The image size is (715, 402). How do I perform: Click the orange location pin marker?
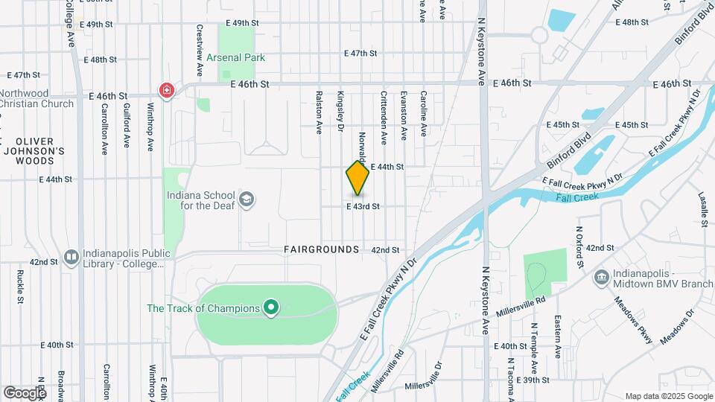357,179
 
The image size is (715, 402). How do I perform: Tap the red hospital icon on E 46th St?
167,91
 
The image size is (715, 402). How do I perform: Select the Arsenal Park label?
237,57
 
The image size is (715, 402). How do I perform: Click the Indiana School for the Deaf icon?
247,199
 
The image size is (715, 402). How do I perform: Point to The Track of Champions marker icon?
272,307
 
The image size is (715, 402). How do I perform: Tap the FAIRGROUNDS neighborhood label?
322,249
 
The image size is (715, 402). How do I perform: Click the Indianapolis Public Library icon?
71,257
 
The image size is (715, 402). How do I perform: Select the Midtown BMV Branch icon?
601,278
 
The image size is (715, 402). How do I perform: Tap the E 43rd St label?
363,206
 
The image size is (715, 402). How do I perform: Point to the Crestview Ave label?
200,51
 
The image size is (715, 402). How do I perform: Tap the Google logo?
25,392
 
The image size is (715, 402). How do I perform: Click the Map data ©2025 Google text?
668,396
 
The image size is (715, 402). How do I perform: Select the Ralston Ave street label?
319,112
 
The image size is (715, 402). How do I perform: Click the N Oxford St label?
577,246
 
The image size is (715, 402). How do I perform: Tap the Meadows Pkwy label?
634,320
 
